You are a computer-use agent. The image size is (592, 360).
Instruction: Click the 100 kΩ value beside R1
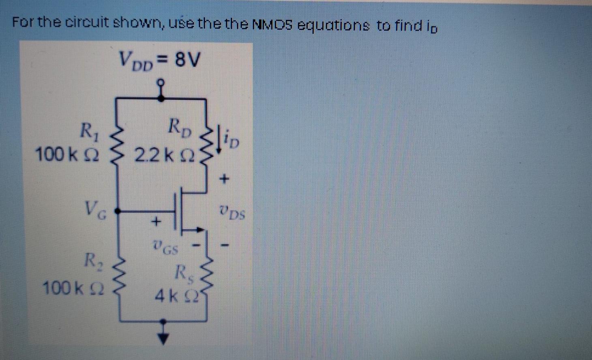pos(67,154)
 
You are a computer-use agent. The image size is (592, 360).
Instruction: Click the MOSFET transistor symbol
pos(182,211)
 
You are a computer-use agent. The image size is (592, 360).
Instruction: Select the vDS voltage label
pos(232,212)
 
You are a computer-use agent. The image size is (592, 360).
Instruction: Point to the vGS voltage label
pos(166,246)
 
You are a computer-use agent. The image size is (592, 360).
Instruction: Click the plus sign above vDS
pos(224,178)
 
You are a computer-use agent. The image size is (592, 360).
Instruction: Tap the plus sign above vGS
pos(156,222)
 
